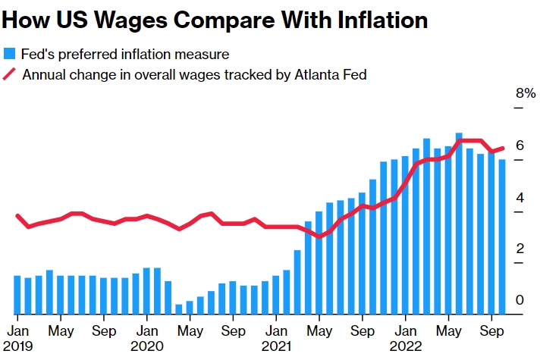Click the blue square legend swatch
click(x=10, y=54)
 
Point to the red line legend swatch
click(x=10, y=74)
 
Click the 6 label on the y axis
click(x=520, y=145)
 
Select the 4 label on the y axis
click(x=520, y=197)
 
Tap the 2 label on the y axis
click(x=520, y=249)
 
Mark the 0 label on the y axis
click(x=520, y=300)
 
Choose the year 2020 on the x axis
click(x=148, y=346)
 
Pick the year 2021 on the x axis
click(x=278, y=346)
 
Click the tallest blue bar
click(x=459, y=224)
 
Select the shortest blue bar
click(x=179, y=308)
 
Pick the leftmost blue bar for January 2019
click(x=17, y=295)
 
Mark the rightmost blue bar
click(x=502, y=236)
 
